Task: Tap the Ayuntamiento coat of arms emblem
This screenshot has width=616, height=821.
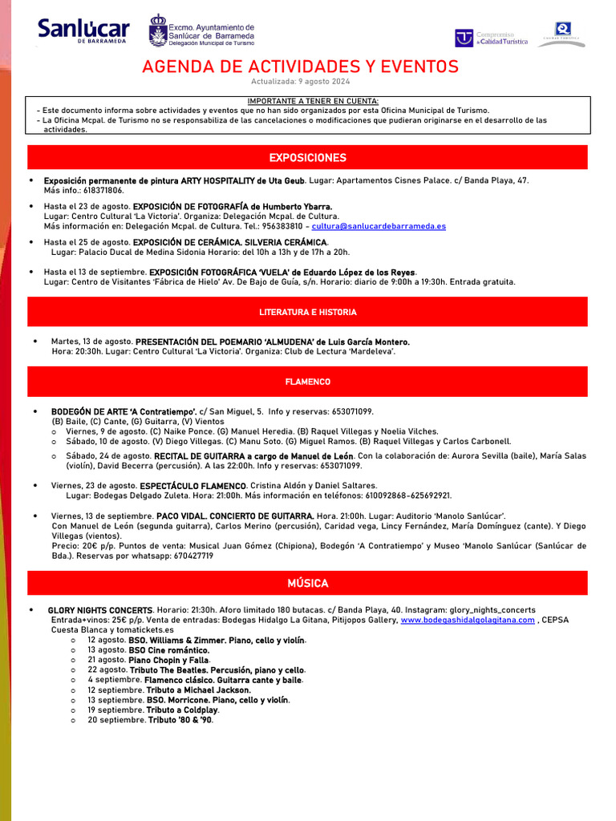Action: point(158,31)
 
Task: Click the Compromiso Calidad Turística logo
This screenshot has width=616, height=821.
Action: point(492,38)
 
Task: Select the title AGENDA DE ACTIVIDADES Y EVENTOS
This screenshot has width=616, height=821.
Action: point(300,67)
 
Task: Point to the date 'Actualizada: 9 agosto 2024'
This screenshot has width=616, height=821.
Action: point(300,82)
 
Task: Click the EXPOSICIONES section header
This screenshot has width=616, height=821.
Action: point(307,157)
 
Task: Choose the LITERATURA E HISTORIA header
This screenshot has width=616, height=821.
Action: point(307,312)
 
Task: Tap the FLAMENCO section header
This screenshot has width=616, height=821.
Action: point(307,382)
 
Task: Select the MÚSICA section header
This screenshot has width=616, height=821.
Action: point(307,583)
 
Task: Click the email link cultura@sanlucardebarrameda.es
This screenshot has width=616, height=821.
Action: point(379,226)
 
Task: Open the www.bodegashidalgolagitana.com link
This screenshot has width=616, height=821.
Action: point(467,620)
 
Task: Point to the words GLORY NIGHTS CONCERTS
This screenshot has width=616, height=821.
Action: point(100,610)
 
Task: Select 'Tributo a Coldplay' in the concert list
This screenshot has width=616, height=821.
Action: point(182,710)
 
